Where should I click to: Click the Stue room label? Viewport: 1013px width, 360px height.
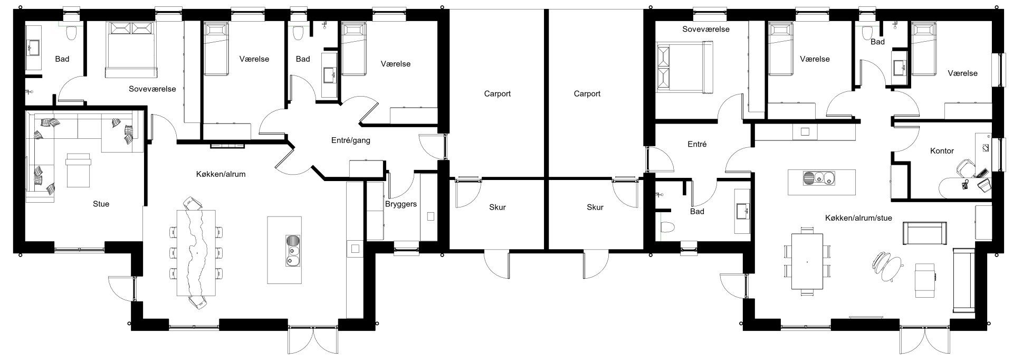tap(101, 204)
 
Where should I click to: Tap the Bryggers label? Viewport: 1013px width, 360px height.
tap(401, 204)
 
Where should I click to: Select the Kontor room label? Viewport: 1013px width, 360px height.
tap(942, 151)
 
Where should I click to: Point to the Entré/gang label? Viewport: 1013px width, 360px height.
tap(351, 140)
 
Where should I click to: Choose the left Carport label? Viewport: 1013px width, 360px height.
tap(497, 94)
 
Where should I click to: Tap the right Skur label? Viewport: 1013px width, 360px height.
tap(595, 207)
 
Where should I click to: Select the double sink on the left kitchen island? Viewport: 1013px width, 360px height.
tap(292, 250)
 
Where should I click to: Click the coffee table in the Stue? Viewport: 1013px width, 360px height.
tap(78, 170)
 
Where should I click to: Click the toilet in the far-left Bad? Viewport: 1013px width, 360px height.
tap(71, 33)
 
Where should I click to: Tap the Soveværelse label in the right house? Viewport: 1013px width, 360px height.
tap(705, 29)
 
